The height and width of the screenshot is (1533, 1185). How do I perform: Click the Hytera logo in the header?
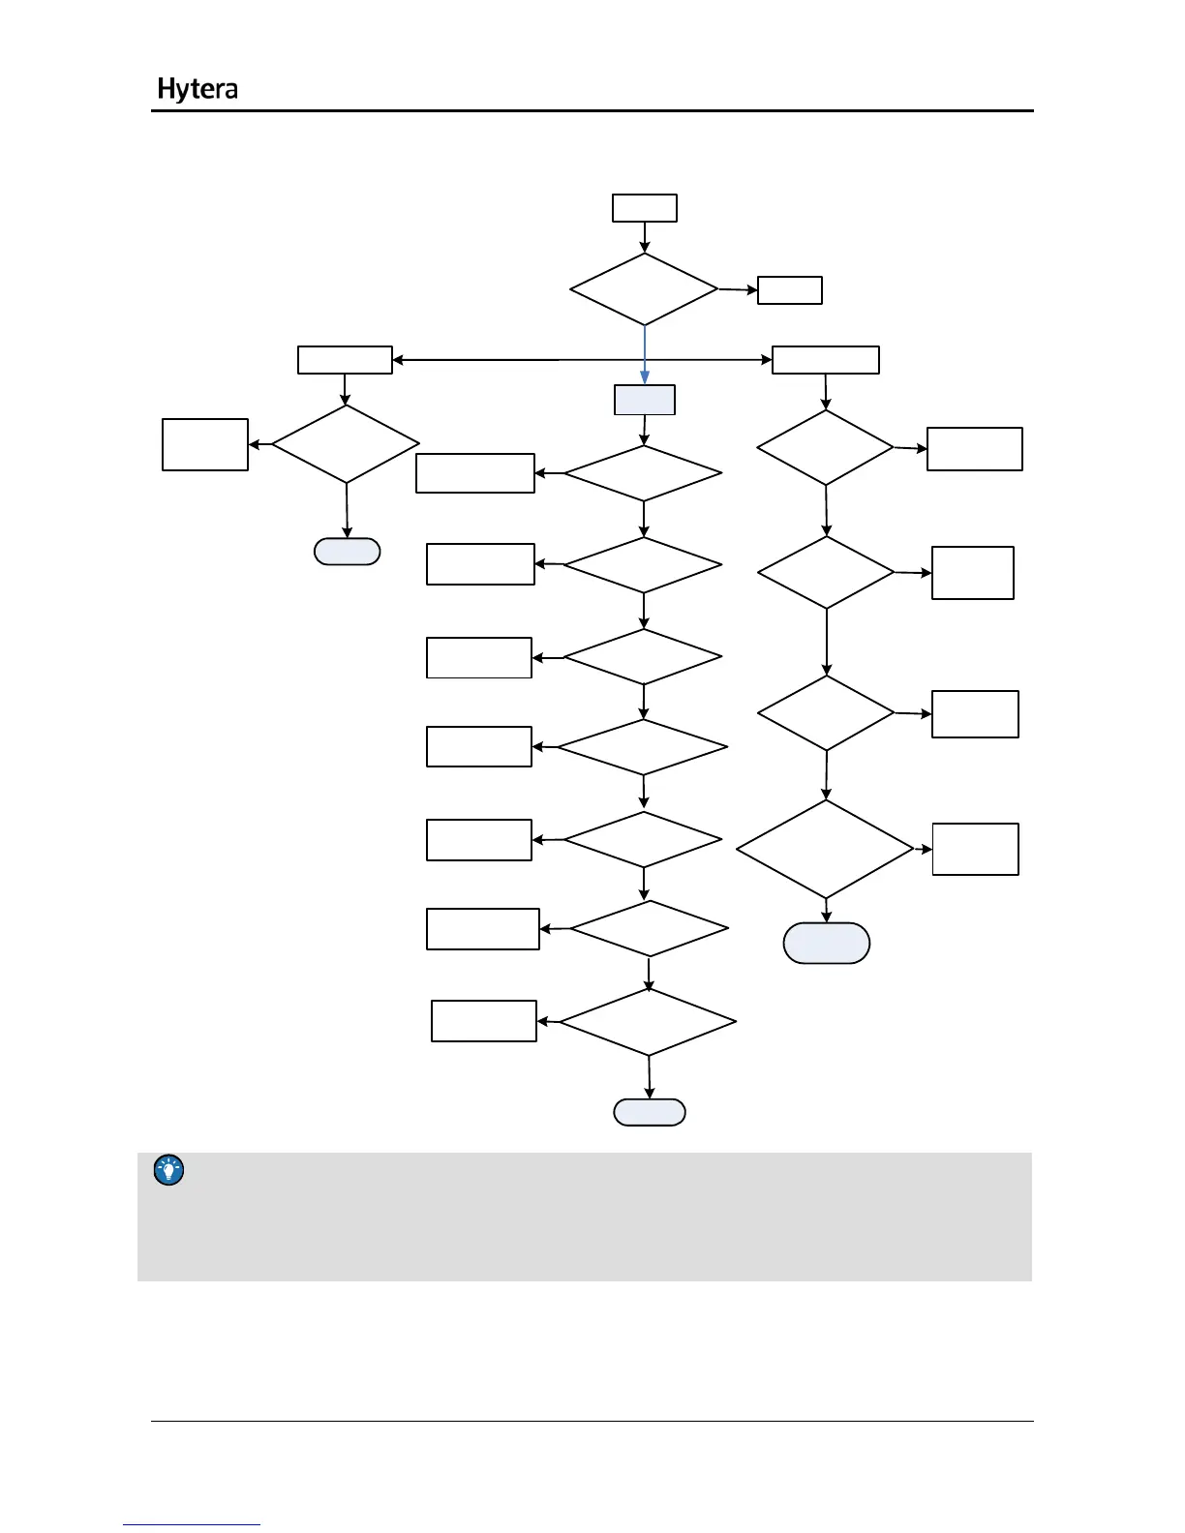point(197,89)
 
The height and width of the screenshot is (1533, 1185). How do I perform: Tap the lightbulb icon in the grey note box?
point(169,1171)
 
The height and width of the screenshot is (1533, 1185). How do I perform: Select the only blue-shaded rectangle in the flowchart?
point(645,400)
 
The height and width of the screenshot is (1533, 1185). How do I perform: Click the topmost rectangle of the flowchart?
point(645,208)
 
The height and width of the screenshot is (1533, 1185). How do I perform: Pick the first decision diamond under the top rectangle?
point(644,289)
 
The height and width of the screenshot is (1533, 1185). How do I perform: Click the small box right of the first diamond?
point(790,290)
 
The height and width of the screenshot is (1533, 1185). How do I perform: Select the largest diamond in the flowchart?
point(825,850)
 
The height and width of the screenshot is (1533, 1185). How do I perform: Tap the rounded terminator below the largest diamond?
point(827,944)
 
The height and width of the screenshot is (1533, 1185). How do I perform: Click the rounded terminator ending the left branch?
point(348,552)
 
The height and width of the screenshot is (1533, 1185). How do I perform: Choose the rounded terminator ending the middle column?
point(650,1113)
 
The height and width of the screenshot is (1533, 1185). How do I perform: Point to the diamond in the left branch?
point(346,444)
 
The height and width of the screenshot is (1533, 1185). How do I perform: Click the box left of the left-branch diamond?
point(205,445)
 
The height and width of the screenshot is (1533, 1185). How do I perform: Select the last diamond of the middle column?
point(648,1022)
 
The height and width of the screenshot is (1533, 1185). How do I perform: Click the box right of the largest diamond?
point(975,850)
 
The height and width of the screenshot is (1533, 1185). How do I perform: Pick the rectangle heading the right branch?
point(826,360)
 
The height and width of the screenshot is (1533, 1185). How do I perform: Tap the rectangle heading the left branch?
point(345,360)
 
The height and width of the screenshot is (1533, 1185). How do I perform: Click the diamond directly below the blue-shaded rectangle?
point(643,473)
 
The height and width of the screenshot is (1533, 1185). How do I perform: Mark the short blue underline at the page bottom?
point(192,1524)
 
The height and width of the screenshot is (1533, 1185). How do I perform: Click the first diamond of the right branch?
point(825,448)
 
